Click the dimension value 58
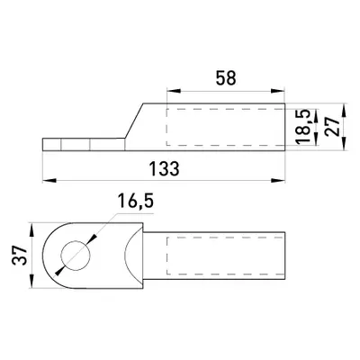226,78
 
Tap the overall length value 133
165,168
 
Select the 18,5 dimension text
302,126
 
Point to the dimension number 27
333,127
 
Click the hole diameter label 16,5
136,201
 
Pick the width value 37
20,256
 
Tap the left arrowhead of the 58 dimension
174,91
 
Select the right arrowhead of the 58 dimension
277,91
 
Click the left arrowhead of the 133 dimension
49,180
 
